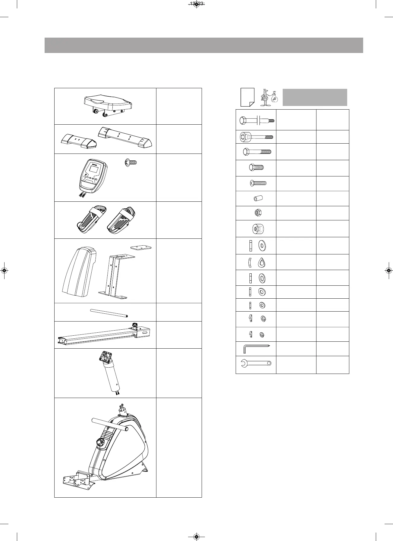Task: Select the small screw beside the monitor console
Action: tap(130, 163)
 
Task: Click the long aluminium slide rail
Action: tap(102, 335)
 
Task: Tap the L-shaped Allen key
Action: tap(255, 349)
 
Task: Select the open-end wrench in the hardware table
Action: tap(256, 363)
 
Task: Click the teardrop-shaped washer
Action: tap(262, 263)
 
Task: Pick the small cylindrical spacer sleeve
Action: tap(258, 199)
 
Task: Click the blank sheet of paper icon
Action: tap(247, 97)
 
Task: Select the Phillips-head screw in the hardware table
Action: tap(258, 183)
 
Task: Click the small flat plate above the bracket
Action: tap(141, 247)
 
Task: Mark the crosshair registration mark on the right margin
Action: tap(388, 270)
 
